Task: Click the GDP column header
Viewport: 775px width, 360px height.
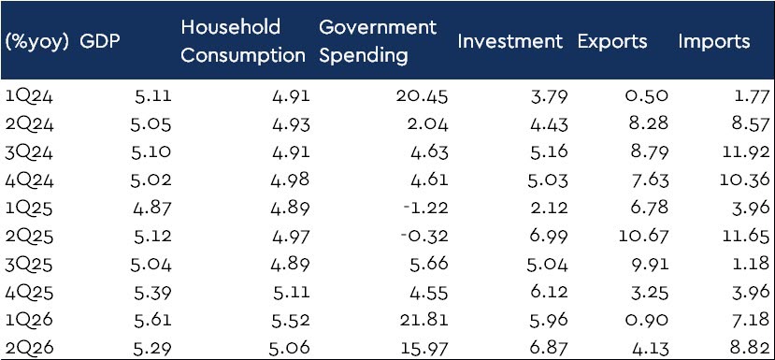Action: [100, 41]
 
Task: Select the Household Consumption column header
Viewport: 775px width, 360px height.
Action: [243, 41]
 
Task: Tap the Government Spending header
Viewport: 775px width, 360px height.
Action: [378, 41]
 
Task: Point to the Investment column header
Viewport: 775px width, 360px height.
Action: [510, 41]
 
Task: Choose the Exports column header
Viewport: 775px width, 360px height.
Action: [612, 42]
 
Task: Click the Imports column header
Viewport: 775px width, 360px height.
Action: [713, 42]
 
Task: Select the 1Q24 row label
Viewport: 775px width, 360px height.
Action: [29, 96]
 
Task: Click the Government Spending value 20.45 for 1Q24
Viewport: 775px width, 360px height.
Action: [423, 96]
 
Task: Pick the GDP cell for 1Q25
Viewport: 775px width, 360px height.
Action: [152, 209]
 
